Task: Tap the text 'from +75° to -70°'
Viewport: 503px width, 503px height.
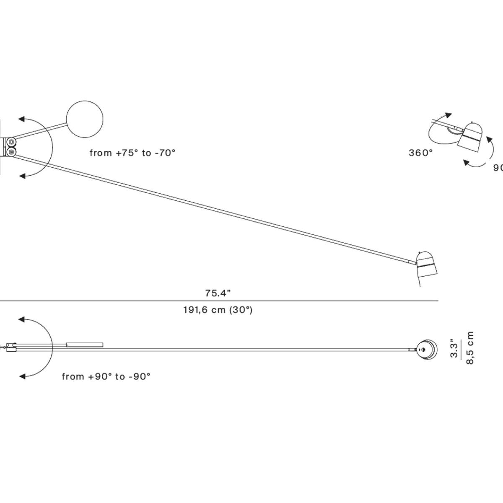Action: pos(132,153)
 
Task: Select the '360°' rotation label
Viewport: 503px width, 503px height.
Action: pos(420,153)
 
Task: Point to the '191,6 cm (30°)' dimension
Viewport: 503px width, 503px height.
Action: pos(218,311)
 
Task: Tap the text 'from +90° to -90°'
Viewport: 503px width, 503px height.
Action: pos(106,376)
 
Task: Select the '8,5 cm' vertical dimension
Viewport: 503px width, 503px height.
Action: pos(470,348)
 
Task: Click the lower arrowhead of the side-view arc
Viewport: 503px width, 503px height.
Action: pos(22,176)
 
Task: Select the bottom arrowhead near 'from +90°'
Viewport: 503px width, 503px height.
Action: pos(22,376)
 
